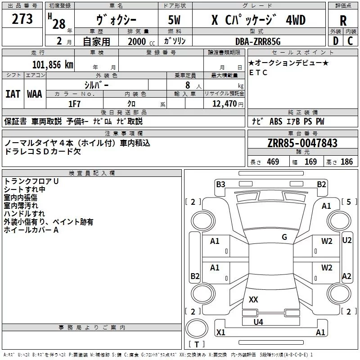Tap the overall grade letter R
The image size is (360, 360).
point(343,21)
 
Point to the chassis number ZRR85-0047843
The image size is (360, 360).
point(302,144)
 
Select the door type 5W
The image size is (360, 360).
point(175,21)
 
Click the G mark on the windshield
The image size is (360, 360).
point(284,237)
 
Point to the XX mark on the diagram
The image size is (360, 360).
point(253,300)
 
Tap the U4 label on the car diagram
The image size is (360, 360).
point(258,322)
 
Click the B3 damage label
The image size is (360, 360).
point(220,184)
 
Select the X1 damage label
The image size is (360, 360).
point(220,333)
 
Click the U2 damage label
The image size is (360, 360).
point(346,240)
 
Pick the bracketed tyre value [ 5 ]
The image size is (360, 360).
point(349,202)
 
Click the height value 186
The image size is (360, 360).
point(346,162)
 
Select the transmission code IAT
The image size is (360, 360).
point(12,94)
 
